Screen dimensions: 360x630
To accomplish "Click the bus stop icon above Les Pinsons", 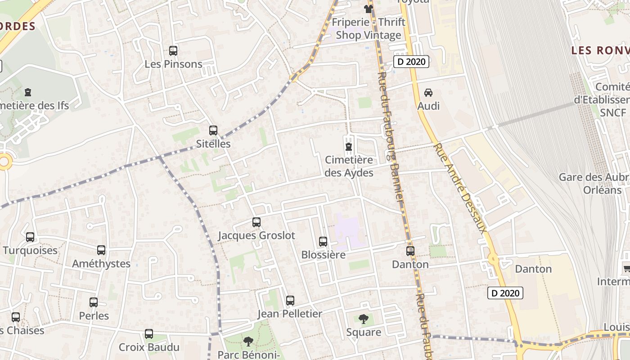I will coord(173,51).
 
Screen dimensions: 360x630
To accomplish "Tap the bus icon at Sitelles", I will coord(213,130).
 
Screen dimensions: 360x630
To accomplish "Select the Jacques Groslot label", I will coord(256,235).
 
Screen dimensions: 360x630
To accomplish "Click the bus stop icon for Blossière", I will coord(323,242).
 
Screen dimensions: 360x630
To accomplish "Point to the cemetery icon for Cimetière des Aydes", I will coord(349,147).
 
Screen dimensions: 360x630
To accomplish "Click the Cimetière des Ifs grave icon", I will coord(28,93).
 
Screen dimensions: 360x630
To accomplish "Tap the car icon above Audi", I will coord(428,93).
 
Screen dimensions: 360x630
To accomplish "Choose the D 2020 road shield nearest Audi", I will coord(411,62).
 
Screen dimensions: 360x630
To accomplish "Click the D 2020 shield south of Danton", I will coord(505,293).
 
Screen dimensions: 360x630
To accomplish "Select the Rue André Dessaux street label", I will coord(460,188).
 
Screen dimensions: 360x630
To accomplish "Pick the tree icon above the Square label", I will coord(364,319).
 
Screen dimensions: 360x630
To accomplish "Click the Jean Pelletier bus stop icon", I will coord(290,301).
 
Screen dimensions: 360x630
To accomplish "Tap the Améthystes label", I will coord(101,264).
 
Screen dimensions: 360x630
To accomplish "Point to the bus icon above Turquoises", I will coord(30,237).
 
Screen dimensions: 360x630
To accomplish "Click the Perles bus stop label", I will coord(94,316).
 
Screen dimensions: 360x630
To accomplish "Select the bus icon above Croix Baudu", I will coord(149,334).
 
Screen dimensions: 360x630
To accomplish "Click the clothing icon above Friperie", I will coord(369,9).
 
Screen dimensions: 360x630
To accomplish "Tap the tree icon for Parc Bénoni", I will coord(248,342).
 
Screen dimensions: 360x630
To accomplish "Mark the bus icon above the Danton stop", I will coord(410,251).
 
